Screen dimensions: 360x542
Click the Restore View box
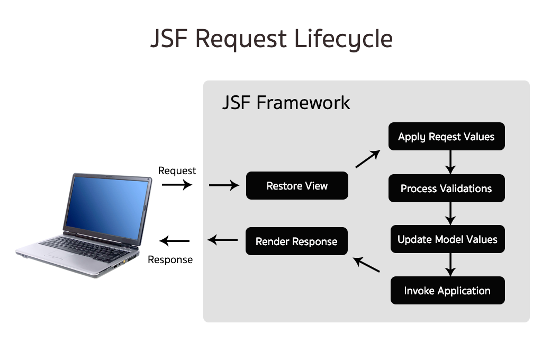coord(297,186)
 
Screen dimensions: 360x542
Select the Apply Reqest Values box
coord(446,137)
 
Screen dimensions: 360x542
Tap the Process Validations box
coord(446,188)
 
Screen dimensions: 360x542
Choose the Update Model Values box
coord(447,239)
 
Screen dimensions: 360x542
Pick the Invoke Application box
coord(447,291)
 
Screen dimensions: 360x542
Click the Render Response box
coord(296,241)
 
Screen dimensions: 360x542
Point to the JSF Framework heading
coord(286,102)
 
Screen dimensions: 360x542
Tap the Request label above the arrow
coord(177,170)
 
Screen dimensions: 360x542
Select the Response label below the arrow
coord(170,259)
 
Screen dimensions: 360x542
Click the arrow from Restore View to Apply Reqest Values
coord(368,159)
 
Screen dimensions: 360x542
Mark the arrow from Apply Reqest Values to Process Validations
coord(450,162)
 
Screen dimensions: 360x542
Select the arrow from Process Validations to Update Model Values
coord(450,213)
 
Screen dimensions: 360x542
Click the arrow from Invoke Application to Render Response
coord(367,265)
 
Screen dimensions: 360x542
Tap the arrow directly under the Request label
coord(177,185)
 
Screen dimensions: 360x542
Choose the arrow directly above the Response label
coord(175,241)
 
